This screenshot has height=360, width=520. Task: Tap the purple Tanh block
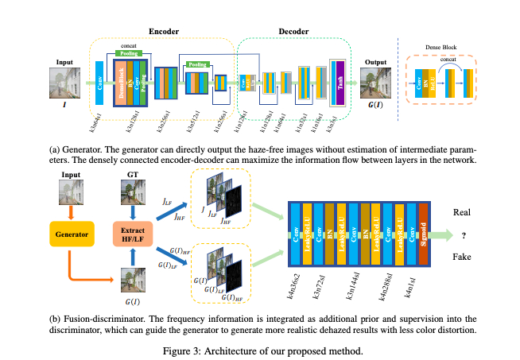pos(341,85)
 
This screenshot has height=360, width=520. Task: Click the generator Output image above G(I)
pos(374,83)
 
